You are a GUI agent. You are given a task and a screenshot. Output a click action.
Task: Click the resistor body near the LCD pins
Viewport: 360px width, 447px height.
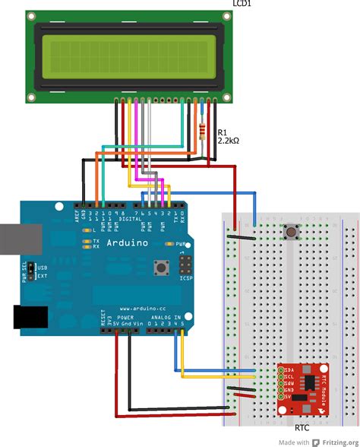point(201,130)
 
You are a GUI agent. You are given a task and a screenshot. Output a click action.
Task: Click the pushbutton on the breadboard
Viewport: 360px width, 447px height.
point(290,231)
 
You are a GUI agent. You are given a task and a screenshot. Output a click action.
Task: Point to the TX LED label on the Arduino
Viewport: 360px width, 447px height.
point(96,240)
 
